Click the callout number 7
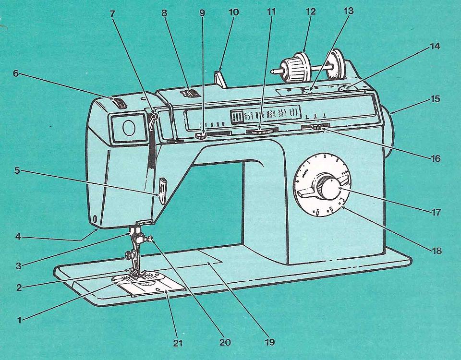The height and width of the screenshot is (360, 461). pyautogui.click(x=112, y=13)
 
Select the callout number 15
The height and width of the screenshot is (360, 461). pyautogui.click(x=435, y=100)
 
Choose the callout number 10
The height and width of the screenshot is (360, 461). pyautogui.click(x=234, y=12)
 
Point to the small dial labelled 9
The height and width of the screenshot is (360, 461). pyautogui.click(x=201, y=137)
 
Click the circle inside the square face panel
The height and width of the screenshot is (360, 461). pyautogui.click(x=129, y=127)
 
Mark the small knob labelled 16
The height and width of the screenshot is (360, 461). pyautogui.click(x=317, y=128)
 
